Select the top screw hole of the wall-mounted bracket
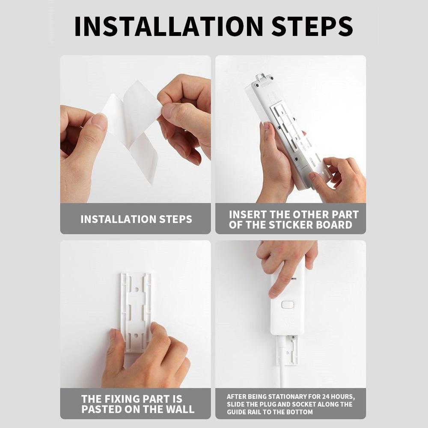(x=136, y=289)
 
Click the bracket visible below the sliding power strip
(x=288, y=350)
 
